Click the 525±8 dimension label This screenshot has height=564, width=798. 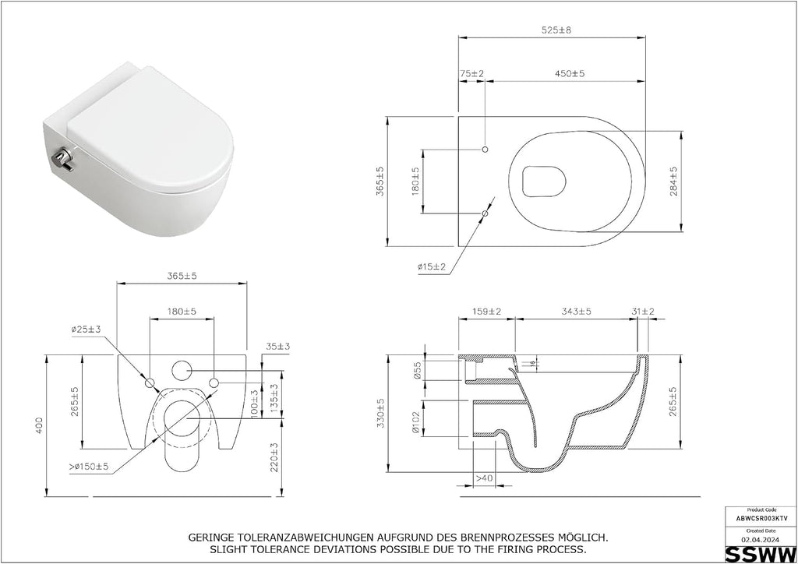pos(556,30)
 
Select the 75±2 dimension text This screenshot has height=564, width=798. pos(471,74)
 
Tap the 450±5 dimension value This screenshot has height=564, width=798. pos(570,74)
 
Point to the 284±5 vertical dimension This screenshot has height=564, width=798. pos(674,182)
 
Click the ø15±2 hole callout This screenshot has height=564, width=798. pos(432,266)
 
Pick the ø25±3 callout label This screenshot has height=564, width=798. pos(86,330)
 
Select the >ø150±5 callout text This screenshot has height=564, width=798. pos(89,467)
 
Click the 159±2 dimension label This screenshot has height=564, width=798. pos(486,312)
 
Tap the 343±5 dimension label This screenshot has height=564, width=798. pos(576,312)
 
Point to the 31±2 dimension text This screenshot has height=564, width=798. pos(643,312)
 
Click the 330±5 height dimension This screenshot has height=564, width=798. pos(380,413)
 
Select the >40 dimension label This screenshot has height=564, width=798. pos(484,478)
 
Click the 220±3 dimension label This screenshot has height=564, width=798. pos(274,457)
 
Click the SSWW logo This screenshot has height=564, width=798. pos(761,554)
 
